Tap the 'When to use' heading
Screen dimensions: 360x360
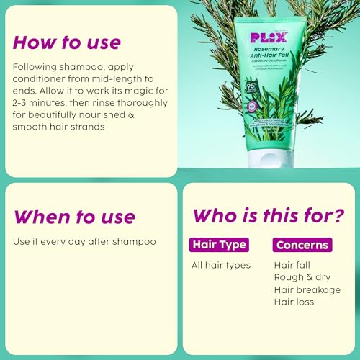(73, 216)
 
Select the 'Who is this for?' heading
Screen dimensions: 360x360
(267, 215)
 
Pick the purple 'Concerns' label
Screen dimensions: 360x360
(302, 245)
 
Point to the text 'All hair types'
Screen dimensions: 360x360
(221, 265)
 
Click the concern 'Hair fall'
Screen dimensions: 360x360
(293, 265)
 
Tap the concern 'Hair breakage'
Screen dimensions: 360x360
(307, 289)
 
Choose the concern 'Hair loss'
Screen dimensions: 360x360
(294, 302)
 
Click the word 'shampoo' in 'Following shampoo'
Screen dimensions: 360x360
(76, 67)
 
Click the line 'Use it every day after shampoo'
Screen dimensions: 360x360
(84, 241)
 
